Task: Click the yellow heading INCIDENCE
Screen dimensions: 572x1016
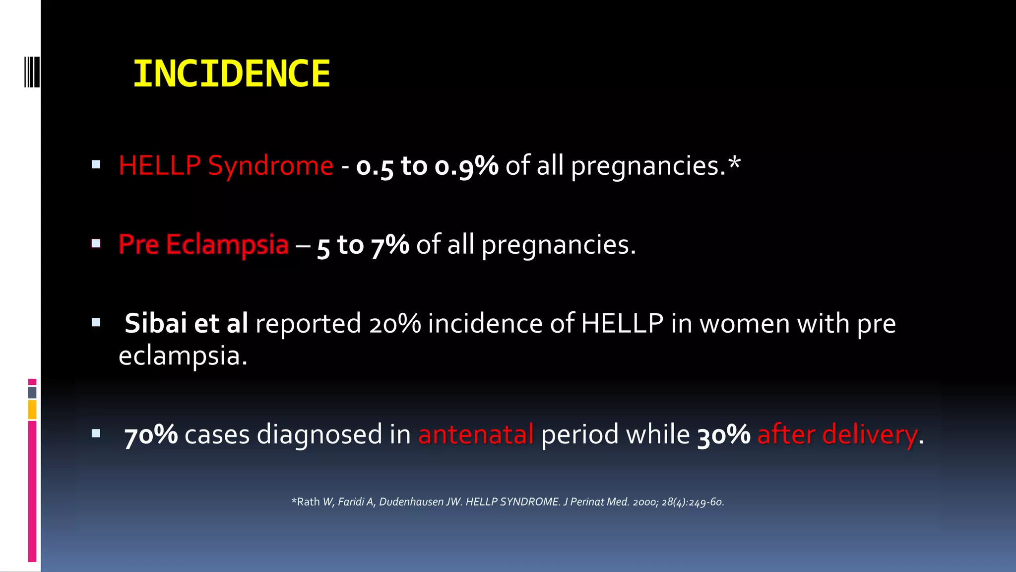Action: coord(231,74)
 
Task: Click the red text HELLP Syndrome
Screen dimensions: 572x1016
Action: coord(226,165)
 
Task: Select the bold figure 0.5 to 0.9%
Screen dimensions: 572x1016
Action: coord(427,166)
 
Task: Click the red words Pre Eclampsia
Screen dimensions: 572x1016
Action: coord(203,244)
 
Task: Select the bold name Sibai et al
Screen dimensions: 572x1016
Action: coord(186,323)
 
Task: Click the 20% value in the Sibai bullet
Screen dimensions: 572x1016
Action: coord(395,324)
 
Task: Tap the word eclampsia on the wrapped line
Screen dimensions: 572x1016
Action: coord(182,356)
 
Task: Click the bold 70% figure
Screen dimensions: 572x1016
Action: coord(151,434)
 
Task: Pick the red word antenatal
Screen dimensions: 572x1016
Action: coord(476,434)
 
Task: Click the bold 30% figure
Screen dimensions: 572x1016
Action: coord(724,434)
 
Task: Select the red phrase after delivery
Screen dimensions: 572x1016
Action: coord(837,434)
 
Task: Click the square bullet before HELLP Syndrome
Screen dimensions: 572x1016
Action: coord(96,164)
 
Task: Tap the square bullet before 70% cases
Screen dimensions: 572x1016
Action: coord(96,433)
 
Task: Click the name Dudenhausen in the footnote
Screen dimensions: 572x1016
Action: coord(411,502)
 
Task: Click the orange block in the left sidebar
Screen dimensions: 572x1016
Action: coord(32,410)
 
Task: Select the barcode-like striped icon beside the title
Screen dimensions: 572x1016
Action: coord(32,72)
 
